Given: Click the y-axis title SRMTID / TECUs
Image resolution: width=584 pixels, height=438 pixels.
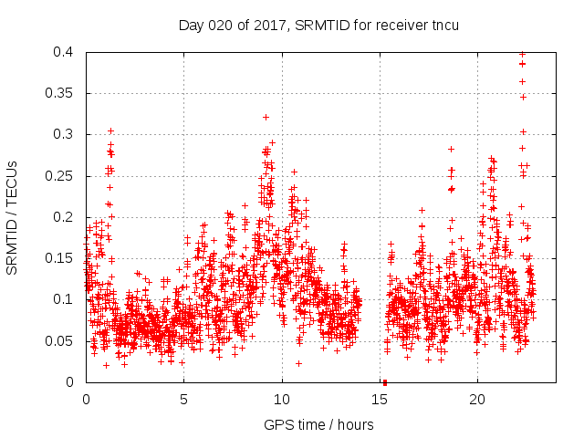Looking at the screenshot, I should click(13, 217).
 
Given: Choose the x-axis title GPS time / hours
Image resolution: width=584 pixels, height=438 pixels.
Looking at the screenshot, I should click(318, 424).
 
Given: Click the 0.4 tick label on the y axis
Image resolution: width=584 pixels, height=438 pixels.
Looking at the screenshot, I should click(64, 52).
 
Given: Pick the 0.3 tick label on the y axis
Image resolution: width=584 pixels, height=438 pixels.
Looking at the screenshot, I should click(64, 134).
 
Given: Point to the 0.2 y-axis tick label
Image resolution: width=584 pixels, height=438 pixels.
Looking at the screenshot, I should click(64, 217).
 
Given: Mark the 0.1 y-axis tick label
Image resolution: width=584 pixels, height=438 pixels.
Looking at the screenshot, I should click(64, 299).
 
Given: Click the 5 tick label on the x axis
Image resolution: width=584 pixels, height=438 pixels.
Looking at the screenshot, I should click(183, 400).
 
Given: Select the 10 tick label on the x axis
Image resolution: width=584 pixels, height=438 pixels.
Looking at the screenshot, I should click(281, 400).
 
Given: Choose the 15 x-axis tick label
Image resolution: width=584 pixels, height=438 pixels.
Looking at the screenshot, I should click(379, 400).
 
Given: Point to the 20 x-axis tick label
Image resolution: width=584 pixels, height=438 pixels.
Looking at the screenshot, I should click(477, 400).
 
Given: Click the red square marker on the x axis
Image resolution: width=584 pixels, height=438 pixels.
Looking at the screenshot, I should click(384, 382).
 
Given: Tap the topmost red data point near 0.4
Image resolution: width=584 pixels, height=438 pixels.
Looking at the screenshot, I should click(522, 54).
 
